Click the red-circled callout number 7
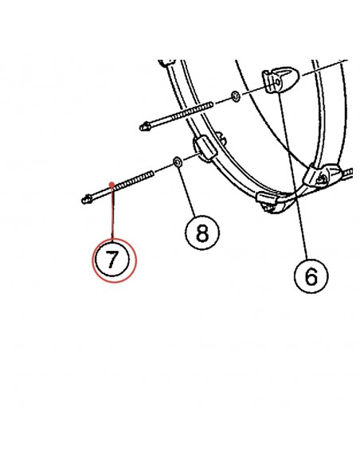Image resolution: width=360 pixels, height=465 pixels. pos(114,260)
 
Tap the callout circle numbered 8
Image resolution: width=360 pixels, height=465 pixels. pos(202,232)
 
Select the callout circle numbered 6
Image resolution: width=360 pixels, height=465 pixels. pos(311,275)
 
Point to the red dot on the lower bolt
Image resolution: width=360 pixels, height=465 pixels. pos(112,185)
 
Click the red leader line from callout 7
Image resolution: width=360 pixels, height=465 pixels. pos(112,213)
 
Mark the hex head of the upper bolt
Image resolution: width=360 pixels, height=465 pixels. pos(145,127)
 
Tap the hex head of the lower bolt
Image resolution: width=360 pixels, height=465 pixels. pos(87,199)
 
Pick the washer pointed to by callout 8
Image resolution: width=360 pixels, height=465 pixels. pos(178,162)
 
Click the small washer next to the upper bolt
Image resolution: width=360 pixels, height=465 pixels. pos(236,96)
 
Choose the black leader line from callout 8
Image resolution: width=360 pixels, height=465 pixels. pos(187,191)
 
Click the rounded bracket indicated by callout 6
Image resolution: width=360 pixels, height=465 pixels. pos(280,80)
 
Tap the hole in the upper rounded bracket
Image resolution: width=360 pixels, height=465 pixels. pos(278,81)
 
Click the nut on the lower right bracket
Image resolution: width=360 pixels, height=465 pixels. pos(321,179)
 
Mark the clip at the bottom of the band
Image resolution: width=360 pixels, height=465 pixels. pos(268,202)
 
